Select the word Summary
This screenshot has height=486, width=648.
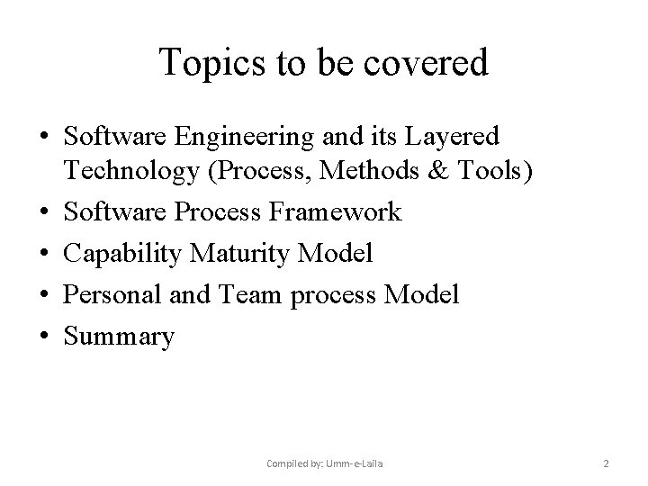[120, 337]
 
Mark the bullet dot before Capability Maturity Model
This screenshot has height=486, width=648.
[45, 254]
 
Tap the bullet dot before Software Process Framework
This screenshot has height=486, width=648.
[45, 213]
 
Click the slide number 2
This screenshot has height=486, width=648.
[606, 463]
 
